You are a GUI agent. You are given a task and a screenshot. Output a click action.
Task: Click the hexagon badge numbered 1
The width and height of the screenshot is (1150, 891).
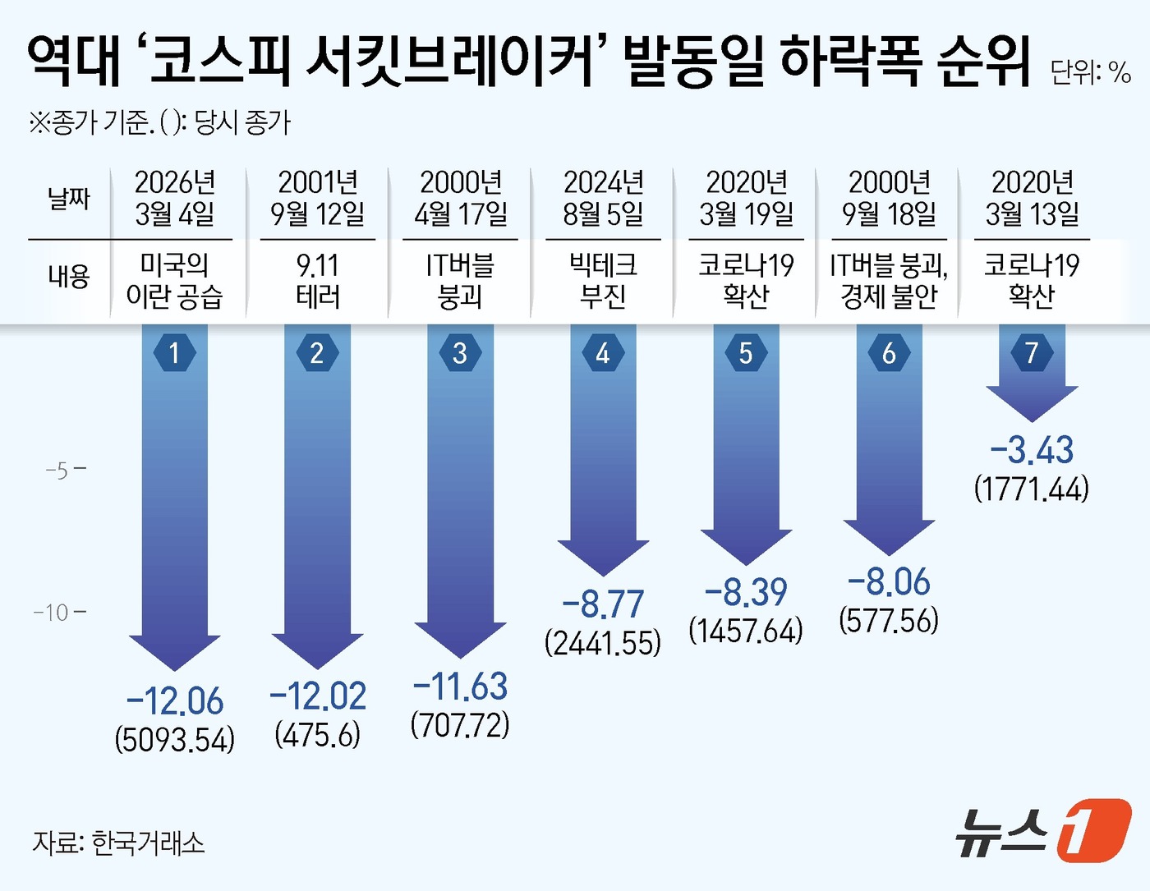point(174,353)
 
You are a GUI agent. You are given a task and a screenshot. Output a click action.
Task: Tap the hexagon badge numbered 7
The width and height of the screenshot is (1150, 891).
point(1032,353)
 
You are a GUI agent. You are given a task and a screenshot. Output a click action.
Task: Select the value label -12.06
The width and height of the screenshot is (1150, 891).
point(174,701)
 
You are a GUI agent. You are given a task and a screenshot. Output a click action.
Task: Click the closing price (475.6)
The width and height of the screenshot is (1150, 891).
point(317,734)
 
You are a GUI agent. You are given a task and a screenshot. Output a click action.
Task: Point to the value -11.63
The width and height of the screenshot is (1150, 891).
point(460,687)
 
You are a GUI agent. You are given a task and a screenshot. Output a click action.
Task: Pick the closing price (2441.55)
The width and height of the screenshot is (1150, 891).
point(603,643)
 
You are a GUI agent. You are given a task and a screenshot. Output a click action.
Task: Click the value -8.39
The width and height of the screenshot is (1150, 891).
point(746,592)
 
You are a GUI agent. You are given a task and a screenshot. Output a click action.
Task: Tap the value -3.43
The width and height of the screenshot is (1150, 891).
point(1032,450)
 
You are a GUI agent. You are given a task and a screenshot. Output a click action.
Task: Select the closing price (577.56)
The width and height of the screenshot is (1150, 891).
point(889,620)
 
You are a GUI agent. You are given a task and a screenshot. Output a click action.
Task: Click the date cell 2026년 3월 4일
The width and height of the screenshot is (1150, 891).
point(174,198)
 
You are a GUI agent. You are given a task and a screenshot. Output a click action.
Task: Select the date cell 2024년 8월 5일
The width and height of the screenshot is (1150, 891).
point(603,198)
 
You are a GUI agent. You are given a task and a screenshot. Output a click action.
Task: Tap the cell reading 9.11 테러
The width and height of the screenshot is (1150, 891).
point(317,280)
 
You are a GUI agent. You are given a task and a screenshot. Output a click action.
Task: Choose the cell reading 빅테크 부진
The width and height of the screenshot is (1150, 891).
point(603,280)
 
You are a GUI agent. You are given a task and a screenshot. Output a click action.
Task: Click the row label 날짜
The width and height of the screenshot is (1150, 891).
point(68,198)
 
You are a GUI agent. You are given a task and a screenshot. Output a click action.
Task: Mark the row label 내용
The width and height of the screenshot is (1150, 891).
point(68,276)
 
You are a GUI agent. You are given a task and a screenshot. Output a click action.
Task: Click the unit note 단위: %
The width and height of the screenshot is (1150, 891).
point(1090,72)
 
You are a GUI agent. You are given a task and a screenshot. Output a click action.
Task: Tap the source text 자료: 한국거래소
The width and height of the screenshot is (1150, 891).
point(118,843)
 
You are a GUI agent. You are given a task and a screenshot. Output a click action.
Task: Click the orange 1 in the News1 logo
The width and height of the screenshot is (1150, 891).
point(1092,830)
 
